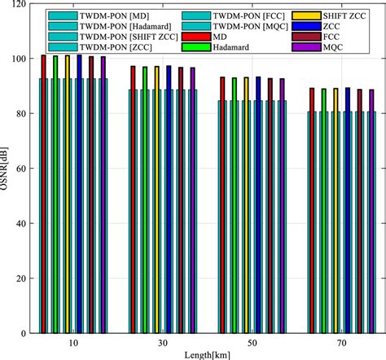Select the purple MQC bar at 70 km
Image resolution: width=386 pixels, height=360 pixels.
[372, 212]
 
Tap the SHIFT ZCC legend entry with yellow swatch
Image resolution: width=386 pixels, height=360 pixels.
[342, 15]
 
